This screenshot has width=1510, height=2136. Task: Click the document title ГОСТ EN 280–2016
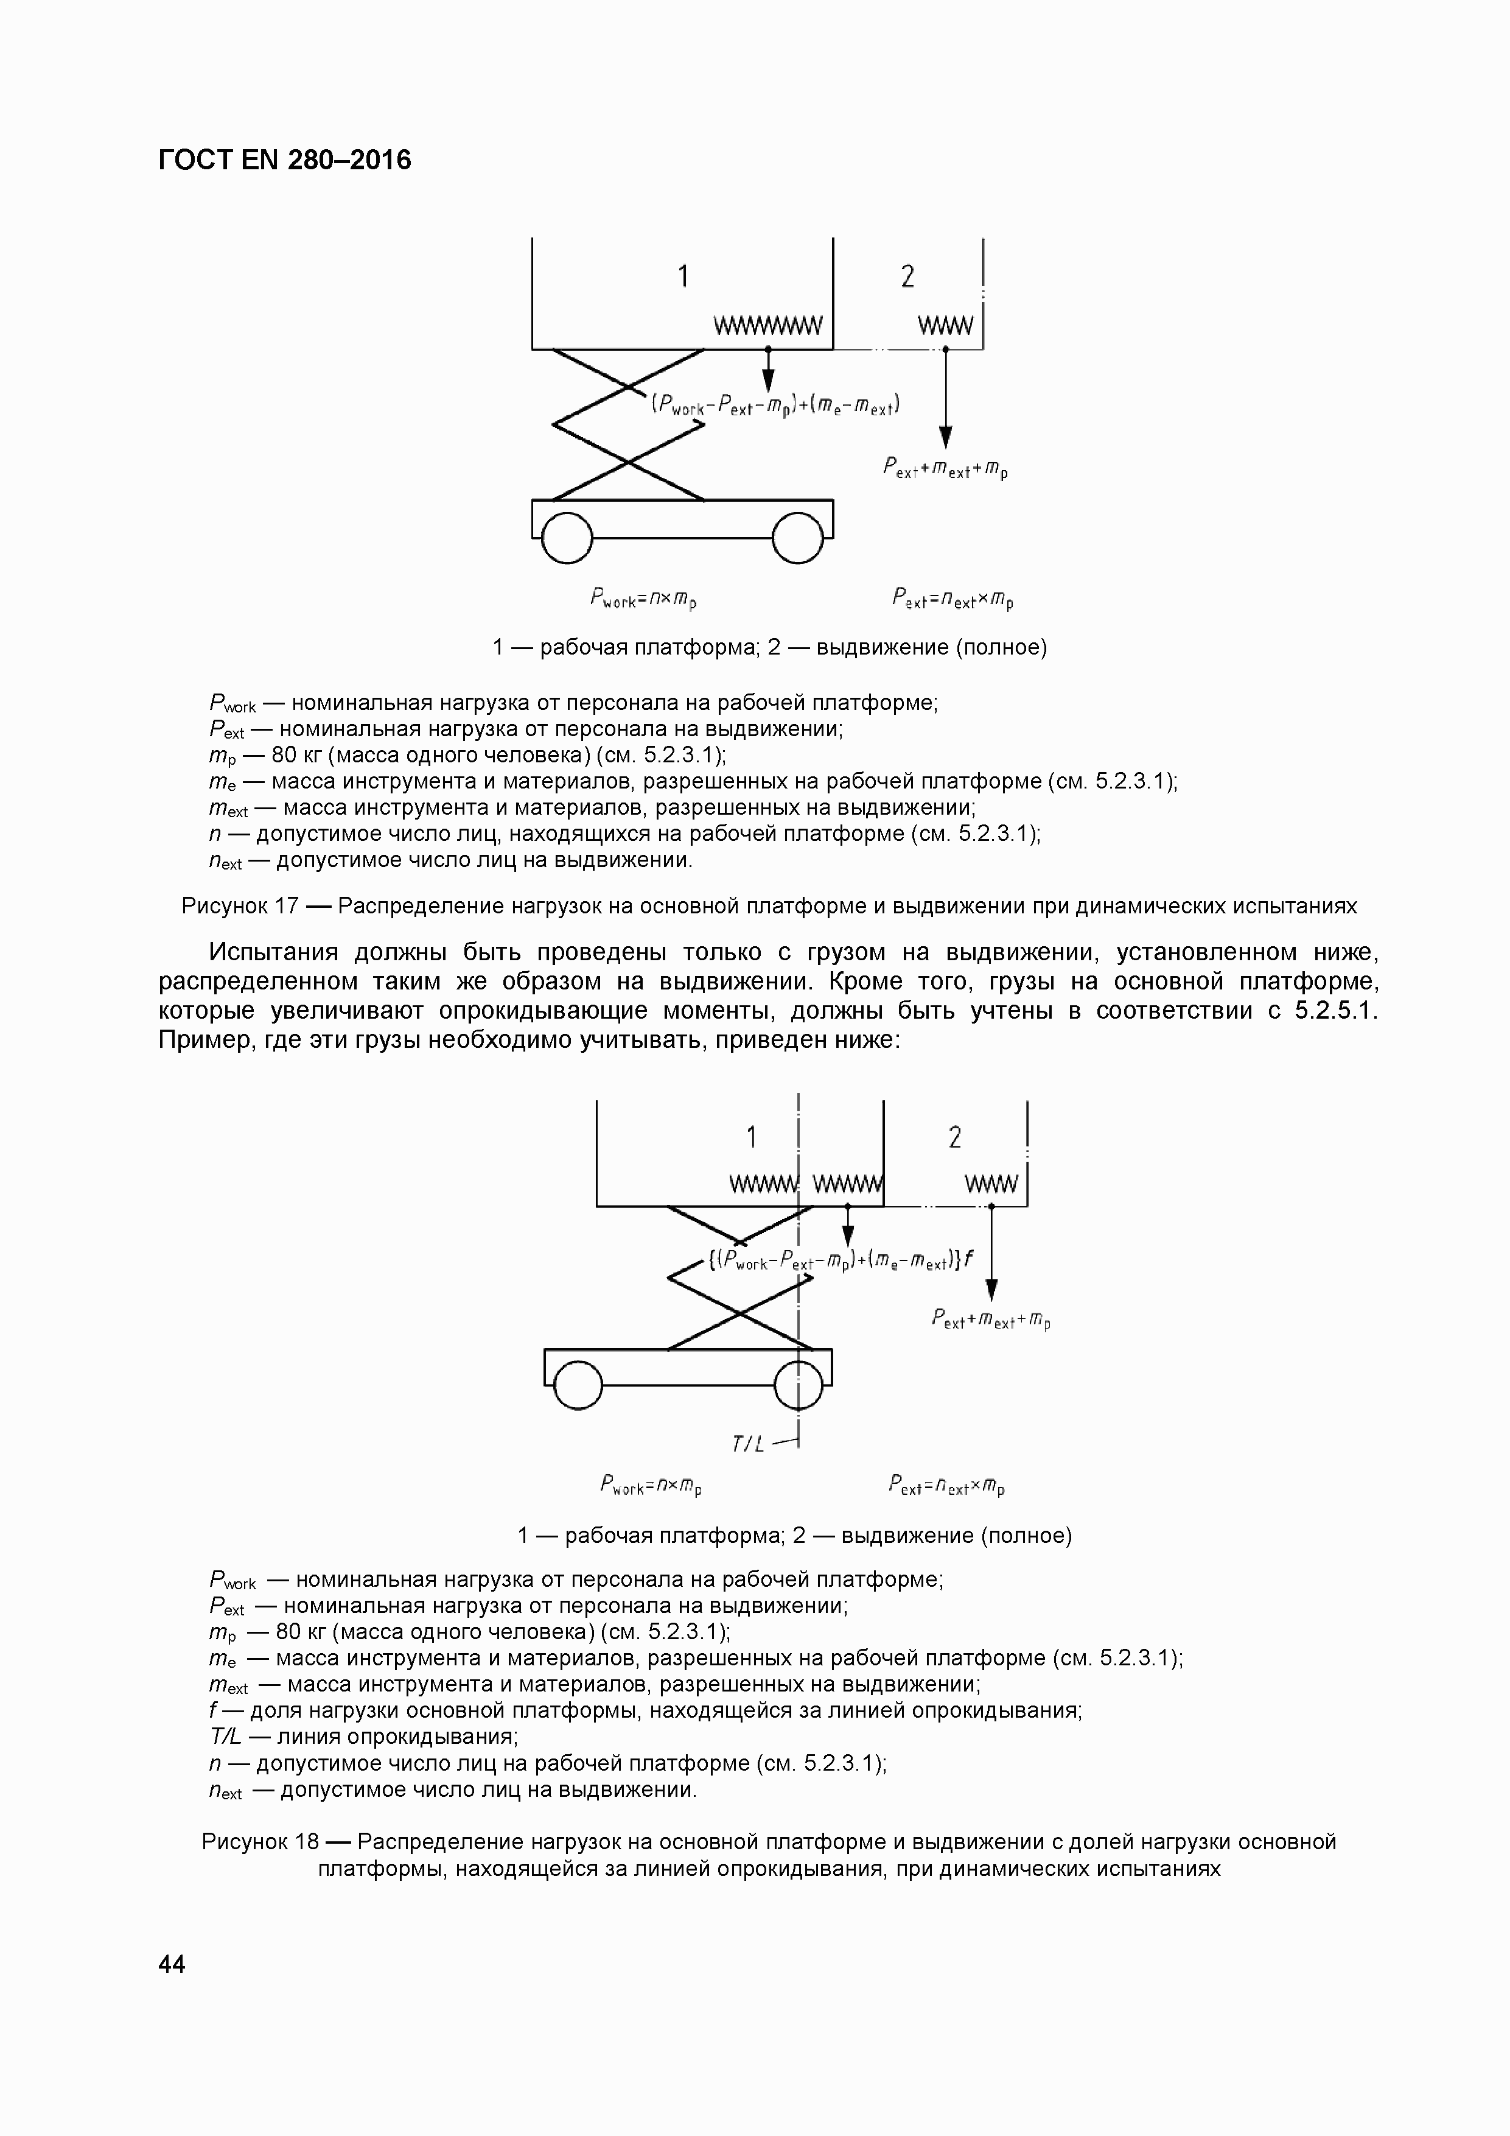pyautogui.click(x=284, y=161)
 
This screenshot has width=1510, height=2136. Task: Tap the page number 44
pyautogui.click(x=172, y=1964)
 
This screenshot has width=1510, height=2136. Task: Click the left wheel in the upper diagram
pyautogui.click(x=566, y=538)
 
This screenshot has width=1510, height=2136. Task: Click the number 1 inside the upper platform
pyautogui.click(x=683, y=276)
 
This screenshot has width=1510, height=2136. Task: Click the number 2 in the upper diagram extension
pyautogui.click(x=907, y=276)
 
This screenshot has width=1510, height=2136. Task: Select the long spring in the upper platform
pyautogui.click(x=768, y=326)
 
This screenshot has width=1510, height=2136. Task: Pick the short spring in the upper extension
pyautogui.click(x=946, y=326)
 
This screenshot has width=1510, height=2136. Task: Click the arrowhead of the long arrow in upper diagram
pyautogui.click(x=946, y=437)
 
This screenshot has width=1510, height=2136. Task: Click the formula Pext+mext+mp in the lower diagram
pyautogui.click(x=990, y=1320)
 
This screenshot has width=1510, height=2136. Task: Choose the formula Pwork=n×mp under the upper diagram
pyautogui.click(x=643, y=597)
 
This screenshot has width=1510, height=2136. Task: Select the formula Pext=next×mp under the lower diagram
pyautogui.click(x=946, y=1486)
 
